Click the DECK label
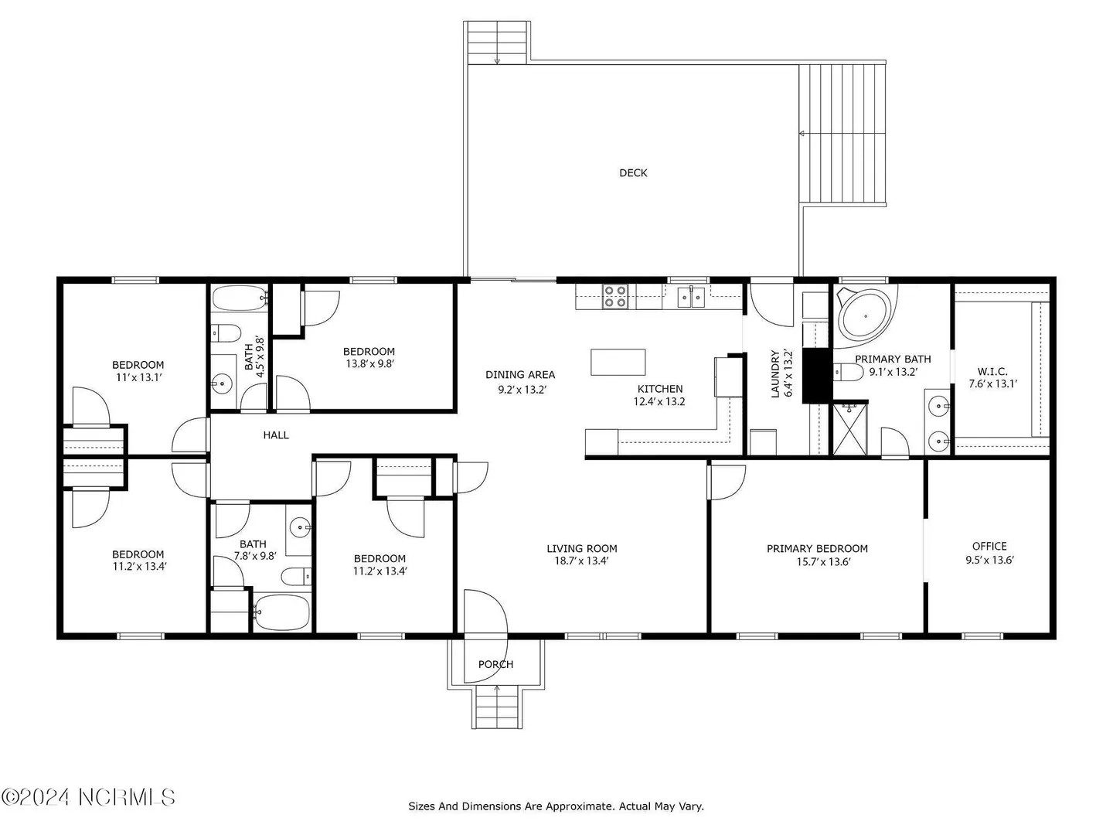pos(633,173)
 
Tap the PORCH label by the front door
pos(495,664)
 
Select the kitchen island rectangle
pos(618,362)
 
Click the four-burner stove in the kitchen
pos(614,296)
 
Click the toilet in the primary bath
pos(848,373)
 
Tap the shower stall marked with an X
pos(850,429)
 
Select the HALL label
pos(276,435)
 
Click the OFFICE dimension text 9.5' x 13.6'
pos(989,561)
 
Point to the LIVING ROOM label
pos(581,549)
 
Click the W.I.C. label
pos(992,372)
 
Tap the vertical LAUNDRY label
pos(774,373)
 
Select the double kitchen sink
pos(691,297)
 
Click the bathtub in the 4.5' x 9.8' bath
pos(240,298)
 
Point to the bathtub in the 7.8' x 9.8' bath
pos(282,612)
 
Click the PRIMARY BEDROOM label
pos(817,549)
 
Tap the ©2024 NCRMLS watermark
pos(88,797)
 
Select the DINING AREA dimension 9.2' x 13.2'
pos(521,390)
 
